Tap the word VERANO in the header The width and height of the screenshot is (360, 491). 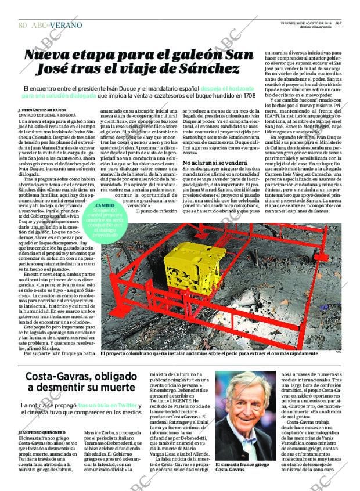66,26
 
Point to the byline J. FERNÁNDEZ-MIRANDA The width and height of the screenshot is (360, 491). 42,110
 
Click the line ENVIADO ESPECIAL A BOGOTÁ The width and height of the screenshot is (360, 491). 44,115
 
